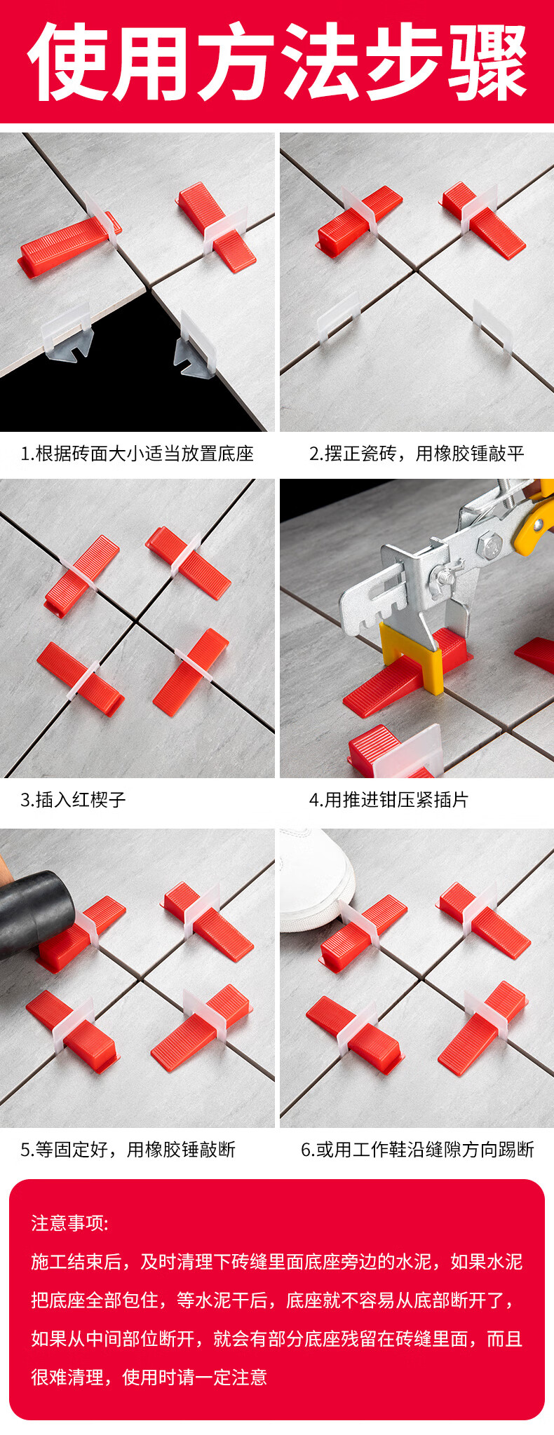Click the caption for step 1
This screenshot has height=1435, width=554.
coord(137,454)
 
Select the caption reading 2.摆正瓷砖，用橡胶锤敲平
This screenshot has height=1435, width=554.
coord(417,454)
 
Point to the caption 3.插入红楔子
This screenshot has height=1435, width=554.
coord(73,799)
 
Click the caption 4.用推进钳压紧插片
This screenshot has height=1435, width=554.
coord(389,799)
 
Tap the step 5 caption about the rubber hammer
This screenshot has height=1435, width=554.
coord(128,1149)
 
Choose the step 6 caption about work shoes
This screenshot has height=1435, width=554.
coord(417,1149)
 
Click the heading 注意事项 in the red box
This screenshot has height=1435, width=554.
coord(69,1223)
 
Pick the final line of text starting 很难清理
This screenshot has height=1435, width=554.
coord(149,1377)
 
